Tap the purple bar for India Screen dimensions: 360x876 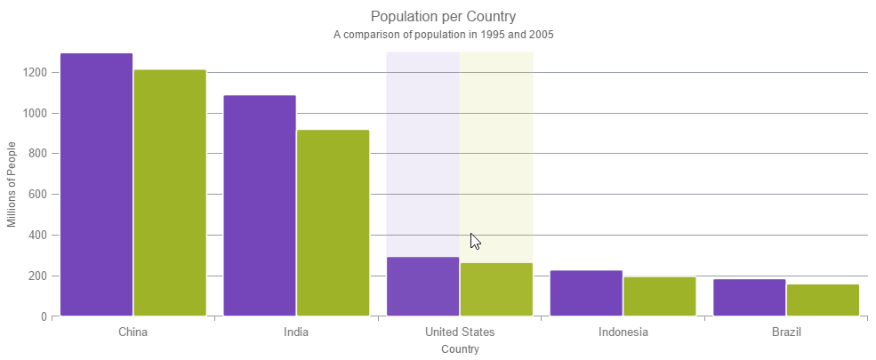[x=260, y=205]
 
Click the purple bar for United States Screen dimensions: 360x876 [x=422, y=286]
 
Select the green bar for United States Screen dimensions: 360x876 [x=496, y=289]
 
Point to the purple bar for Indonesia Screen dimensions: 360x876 [x=586, y=293]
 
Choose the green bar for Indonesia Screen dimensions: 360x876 [x=659, y=296]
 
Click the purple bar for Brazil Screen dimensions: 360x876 [x=749, y=298]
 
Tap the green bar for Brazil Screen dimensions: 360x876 [x=823, y=300]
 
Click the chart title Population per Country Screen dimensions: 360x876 [x=444, y=17]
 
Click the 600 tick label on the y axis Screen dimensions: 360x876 [x=37, y=195]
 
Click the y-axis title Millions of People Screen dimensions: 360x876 [x=12, y=184]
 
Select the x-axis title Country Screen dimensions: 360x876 [x=460, y=349]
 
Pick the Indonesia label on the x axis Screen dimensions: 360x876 [x=623, y=332]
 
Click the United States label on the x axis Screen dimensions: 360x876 [x=460, y=332]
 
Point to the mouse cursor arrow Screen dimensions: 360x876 [x=474, y=240]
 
